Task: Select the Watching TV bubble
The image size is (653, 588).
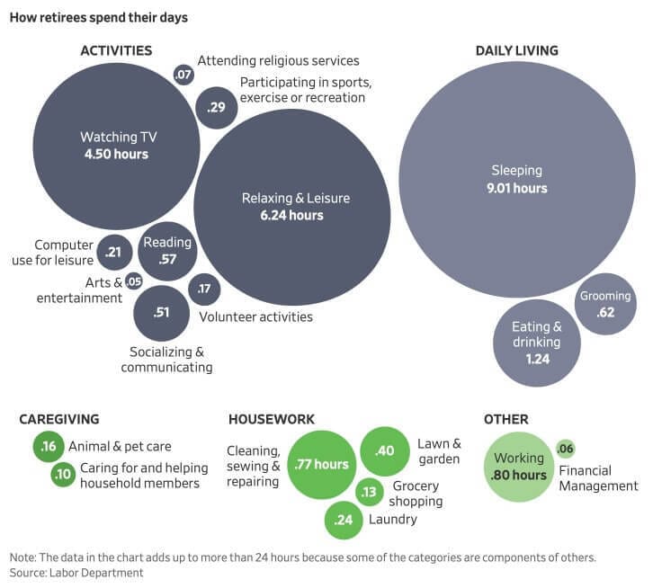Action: tap(114, 146)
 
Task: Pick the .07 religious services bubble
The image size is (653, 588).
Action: tap(183, 76)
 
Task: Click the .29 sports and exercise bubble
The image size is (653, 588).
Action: tap(216, 108)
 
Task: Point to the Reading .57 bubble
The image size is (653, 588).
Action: tap(167, 251)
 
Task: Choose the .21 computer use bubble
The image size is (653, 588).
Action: tap(113, 253)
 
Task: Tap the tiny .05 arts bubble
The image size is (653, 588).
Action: tap(134, 281)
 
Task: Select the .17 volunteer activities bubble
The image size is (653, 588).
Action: tap(204, 289)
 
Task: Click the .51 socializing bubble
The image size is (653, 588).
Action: tap(161, 313)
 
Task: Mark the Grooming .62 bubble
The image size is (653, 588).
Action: tap(605, 304)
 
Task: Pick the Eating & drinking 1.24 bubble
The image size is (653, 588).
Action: tap(537, 343)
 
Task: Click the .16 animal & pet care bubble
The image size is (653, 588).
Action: tap(48, 446)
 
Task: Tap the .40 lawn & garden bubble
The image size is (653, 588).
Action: tap(386, 451)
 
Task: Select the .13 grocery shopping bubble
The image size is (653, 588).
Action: tap(369, 492)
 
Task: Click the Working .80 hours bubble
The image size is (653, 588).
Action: tap(518, 467)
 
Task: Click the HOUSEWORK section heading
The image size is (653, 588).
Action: tap(272, 419)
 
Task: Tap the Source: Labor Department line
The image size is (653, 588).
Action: tap(76, 572)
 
